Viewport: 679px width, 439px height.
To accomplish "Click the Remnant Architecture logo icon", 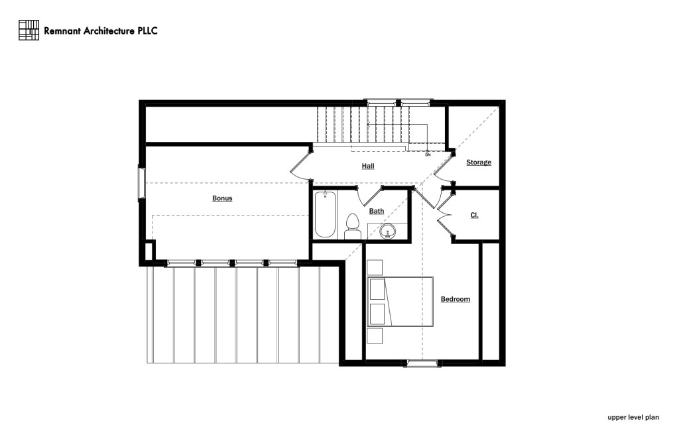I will point(29,30).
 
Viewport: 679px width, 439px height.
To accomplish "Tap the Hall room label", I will point(368,166).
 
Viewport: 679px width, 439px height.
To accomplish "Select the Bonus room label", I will point(222,198).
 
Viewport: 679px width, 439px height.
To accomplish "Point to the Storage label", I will point(479,162).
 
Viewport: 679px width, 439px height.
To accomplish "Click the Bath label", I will point(377,212).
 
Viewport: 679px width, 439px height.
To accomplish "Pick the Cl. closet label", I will point(475,216).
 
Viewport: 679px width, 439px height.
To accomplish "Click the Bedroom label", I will point(456,299).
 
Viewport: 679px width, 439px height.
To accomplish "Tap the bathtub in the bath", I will point(325,214).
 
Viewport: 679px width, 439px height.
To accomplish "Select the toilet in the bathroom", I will point(352,227).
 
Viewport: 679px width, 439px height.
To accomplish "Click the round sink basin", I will point(389,231).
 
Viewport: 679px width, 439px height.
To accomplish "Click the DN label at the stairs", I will point(428,155).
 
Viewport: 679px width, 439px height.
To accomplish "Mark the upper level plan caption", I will point(634,418).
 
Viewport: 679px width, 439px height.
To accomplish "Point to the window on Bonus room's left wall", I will point(141,182).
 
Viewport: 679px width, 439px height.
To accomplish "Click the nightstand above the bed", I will point(375,267).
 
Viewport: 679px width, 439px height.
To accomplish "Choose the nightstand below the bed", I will point(375,335).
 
